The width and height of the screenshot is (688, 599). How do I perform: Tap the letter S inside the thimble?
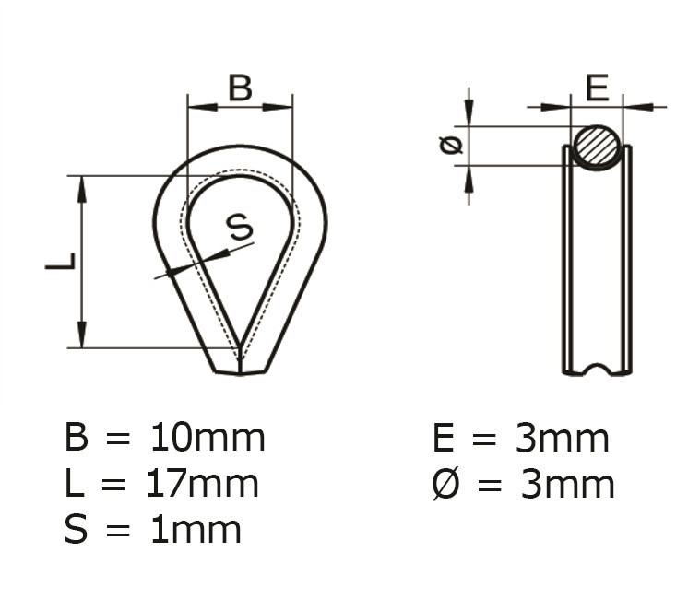[x=239, y=226]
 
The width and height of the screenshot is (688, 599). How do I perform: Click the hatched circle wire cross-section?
[x=597, y=147]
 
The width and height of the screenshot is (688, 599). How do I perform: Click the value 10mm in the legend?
[x=207, y=438]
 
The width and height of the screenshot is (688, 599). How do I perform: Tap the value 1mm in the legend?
[x=195, y=529]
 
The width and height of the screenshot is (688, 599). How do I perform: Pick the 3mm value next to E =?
[x=562, y=439]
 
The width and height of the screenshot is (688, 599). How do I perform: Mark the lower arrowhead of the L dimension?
[x=82, y=336]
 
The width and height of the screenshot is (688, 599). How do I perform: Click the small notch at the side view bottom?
[x=597, y=370]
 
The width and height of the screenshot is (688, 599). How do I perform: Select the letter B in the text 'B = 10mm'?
[x=77, y=438]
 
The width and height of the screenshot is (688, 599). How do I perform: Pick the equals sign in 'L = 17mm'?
[x=116, y=485]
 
